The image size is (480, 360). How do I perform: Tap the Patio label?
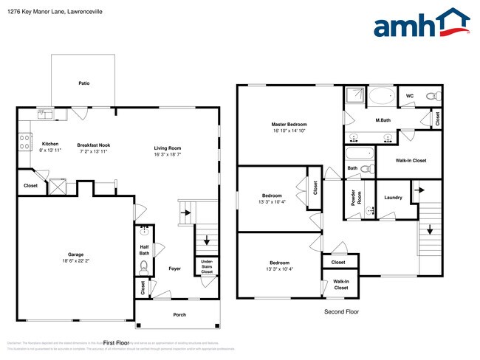click(84, 83)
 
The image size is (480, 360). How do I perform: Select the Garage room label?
click(75, 255)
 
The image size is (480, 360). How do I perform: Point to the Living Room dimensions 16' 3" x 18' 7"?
click(168, 155)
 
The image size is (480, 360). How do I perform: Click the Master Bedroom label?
click(289, 125)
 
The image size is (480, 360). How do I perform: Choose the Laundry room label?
click(393, 197)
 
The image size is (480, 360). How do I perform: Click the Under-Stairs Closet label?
click(206, 266)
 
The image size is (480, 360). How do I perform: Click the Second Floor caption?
click(341, 312)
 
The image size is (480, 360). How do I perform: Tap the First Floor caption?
click(117, 343)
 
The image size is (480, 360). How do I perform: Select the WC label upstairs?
click(409, 96)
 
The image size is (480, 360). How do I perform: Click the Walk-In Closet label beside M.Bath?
click(411, 160)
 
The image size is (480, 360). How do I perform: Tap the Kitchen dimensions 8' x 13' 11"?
click(50, 150)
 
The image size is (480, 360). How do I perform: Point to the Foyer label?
click(174, 269)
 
